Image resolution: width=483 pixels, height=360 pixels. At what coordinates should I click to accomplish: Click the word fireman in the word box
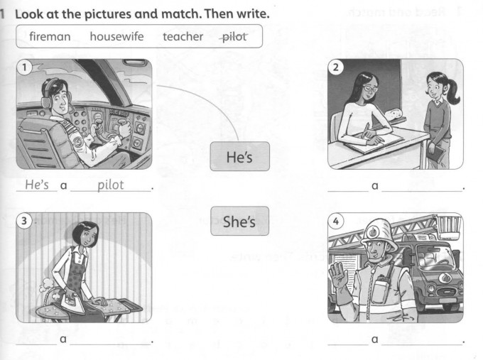[x=50, y=36]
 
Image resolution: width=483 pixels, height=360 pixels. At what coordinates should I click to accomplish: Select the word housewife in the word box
[x=116, y=36]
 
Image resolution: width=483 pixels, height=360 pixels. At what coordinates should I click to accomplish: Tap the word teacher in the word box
[x=183, y=37]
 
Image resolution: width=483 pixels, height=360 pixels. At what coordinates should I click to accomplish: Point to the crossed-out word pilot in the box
[x=234, y=37]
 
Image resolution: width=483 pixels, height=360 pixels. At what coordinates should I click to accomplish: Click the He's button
[x=239, y=156]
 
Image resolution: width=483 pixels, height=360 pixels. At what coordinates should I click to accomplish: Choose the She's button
[x=239, y=221]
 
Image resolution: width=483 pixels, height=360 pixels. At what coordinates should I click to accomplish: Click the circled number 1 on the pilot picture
[x=25, y=67]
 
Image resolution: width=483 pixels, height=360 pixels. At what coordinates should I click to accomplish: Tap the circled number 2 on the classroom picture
[x=336, y=67]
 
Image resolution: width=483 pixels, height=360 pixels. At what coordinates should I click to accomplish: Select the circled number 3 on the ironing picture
[x=24, y=221]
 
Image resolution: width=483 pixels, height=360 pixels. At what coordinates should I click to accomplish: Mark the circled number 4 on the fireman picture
[x=336, y=221]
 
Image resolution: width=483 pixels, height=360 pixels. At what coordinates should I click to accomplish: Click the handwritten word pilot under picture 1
[x=111, y=185]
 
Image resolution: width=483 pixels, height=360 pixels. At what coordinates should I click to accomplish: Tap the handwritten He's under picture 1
[x=37, y=185]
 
